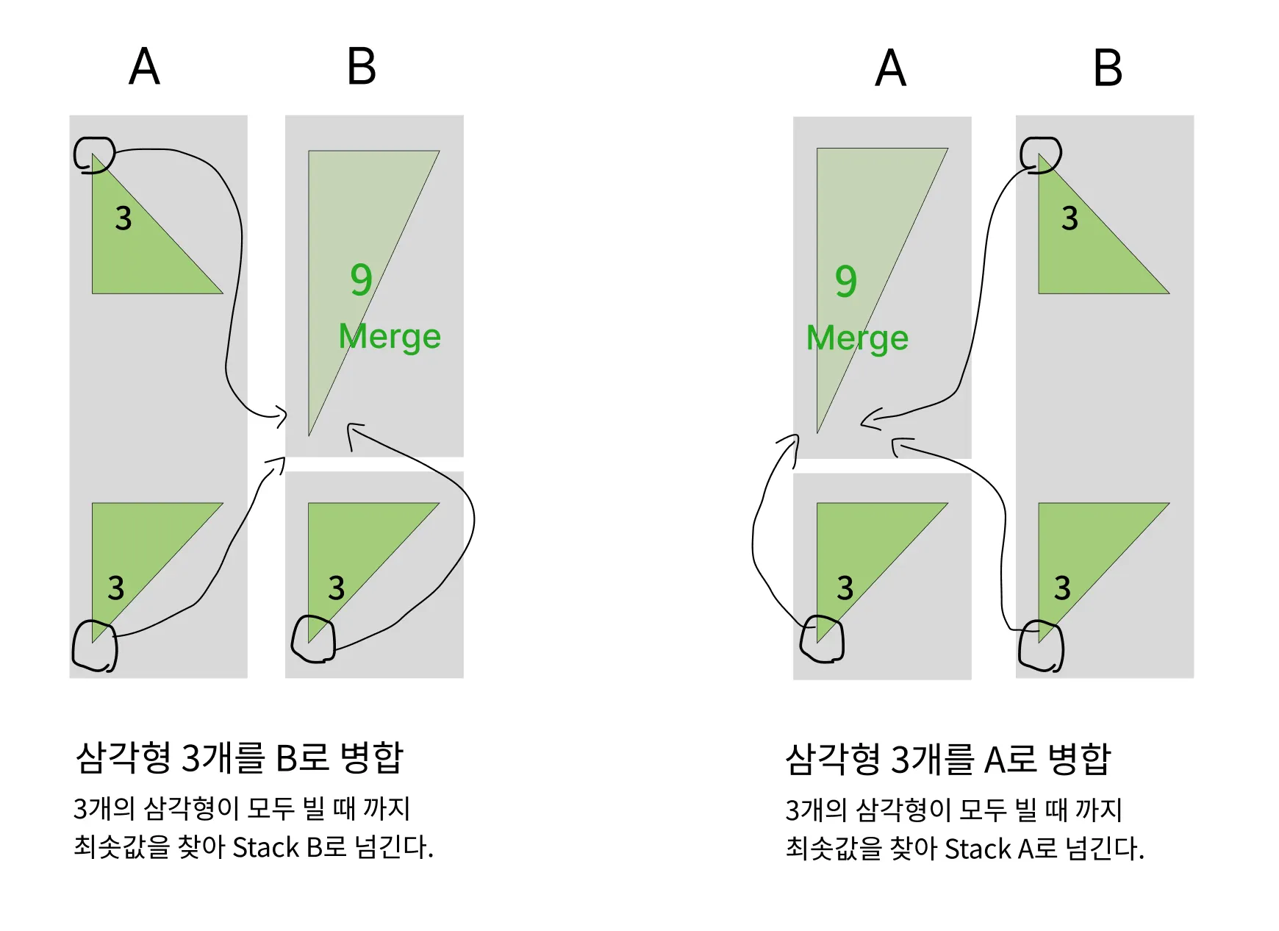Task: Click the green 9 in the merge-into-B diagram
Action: tap(361, 279)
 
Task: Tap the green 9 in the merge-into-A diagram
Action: tap(846, 281)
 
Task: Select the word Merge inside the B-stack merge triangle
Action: tap(390, 337)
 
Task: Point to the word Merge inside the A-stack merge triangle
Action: tap(857, 338)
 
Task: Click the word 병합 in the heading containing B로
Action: tap(372, 757)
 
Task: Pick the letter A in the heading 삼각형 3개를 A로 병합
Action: tap(997, 760)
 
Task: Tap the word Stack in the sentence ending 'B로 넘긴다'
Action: tap(265, 848)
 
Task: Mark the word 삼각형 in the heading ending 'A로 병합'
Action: tap(832, 760)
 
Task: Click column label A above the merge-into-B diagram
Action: tap(144, 67)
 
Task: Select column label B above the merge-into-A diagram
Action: tap(1108, 68)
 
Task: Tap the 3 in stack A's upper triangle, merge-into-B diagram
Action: tap(123, 218)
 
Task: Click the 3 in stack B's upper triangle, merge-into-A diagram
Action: tap(1070, 218)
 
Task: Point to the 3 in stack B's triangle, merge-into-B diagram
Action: tap(336, 588)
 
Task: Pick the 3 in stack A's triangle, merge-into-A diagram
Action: tap(845, 588)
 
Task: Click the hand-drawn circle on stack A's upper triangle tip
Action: tap(94, 154)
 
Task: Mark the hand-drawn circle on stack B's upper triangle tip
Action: tap(1041, 154)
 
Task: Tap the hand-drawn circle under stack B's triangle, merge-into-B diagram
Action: tap(313, 640)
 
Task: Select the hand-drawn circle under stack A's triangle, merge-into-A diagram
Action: tap(822, 639)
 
